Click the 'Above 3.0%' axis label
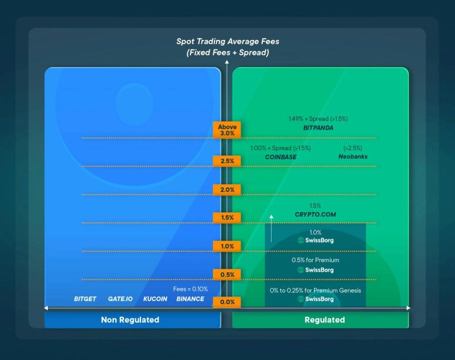pos(227,130)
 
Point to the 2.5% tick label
pos(227,161)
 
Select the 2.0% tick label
pos(227,189)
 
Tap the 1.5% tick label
pos(227,218)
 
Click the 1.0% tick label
pos(227,246)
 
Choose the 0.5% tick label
pos(227,275)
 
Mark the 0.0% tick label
pos(227,302)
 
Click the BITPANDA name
pos(318,129)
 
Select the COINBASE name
pos(280,157)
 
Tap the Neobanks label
pos(353,157)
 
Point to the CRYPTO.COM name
pos(316,214)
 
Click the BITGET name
pos(85,299)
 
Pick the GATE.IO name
pos(120,299)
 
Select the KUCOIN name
pos(155,299)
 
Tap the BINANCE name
pos(190,299)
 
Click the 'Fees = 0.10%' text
pos(191,289)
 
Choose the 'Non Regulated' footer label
pos(130,320)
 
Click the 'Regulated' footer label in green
pos(325,320)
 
